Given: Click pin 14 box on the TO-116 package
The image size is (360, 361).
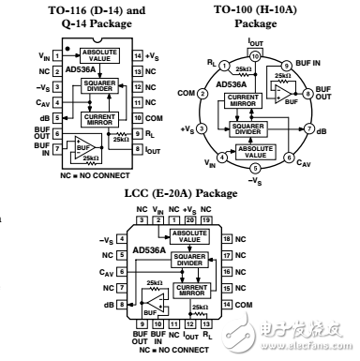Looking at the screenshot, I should click(136, 57).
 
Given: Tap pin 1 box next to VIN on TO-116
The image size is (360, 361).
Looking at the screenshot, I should click(57, 57).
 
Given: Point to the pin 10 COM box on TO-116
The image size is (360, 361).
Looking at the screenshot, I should click(136, 117).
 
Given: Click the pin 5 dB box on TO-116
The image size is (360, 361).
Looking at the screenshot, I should click(57, 117).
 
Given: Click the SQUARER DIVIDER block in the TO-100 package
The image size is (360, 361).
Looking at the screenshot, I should click(250, 128).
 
